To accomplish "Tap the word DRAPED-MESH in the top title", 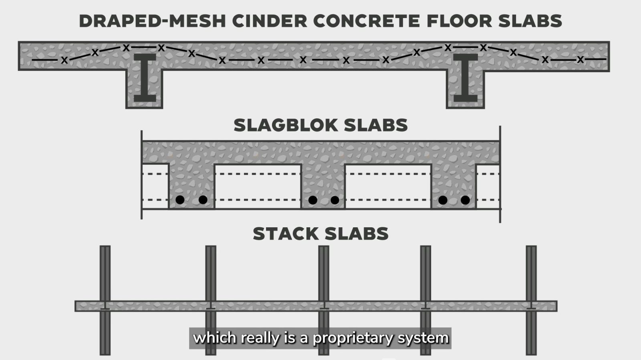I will (152, 21).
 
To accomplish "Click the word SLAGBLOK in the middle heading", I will (286, 125).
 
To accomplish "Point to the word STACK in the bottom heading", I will (285, 234).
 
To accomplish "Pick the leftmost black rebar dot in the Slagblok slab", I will (180, 200).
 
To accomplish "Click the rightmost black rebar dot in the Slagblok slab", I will (465, 200).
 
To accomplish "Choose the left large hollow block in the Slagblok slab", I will (258, 186).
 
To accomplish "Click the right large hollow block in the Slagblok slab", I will (388, 186).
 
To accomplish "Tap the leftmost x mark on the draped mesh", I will (64, 61).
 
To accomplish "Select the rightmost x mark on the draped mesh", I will (580, 60).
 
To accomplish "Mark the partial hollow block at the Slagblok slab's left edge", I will (155, 186).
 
